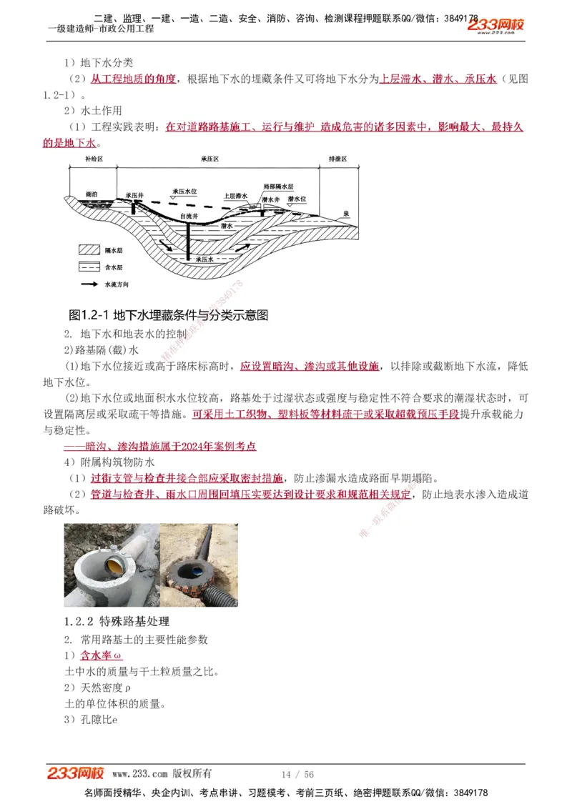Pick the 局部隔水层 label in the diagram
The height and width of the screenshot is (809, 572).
pos(278,186)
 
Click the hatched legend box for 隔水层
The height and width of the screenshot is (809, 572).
pos(89,251)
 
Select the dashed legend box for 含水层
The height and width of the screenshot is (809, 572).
pos(89,267)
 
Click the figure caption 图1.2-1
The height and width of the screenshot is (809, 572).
pos(168,315)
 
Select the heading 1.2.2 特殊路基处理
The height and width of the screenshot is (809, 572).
pos(117,621)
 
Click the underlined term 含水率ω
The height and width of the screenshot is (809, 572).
pos(101,655)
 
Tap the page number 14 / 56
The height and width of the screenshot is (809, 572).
pos(297,774)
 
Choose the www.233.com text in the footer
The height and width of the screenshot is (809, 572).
pos(139,774)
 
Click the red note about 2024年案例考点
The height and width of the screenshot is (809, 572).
pos(160,446)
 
